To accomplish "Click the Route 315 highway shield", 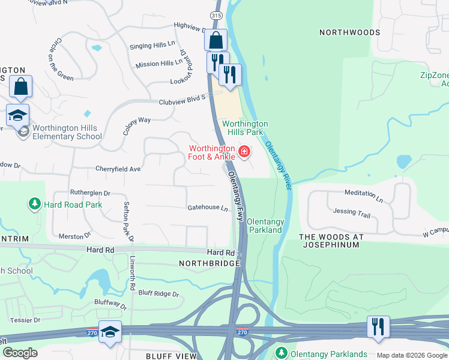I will [216, 14].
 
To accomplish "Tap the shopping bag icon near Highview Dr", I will [216, 41].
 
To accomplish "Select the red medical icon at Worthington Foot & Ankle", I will [244, 151].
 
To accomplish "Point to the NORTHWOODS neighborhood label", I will [349, 32].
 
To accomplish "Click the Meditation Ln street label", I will [364, 194].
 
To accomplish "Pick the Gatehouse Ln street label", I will [208, 208].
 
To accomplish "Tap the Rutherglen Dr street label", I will [91, 193].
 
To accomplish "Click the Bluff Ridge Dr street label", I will [159, 294].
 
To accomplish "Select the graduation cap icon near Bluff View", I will [110, 332].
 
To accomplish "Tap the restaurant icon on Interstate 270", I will [378, 327].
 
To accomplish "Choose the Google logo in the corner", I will [20, 352].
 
